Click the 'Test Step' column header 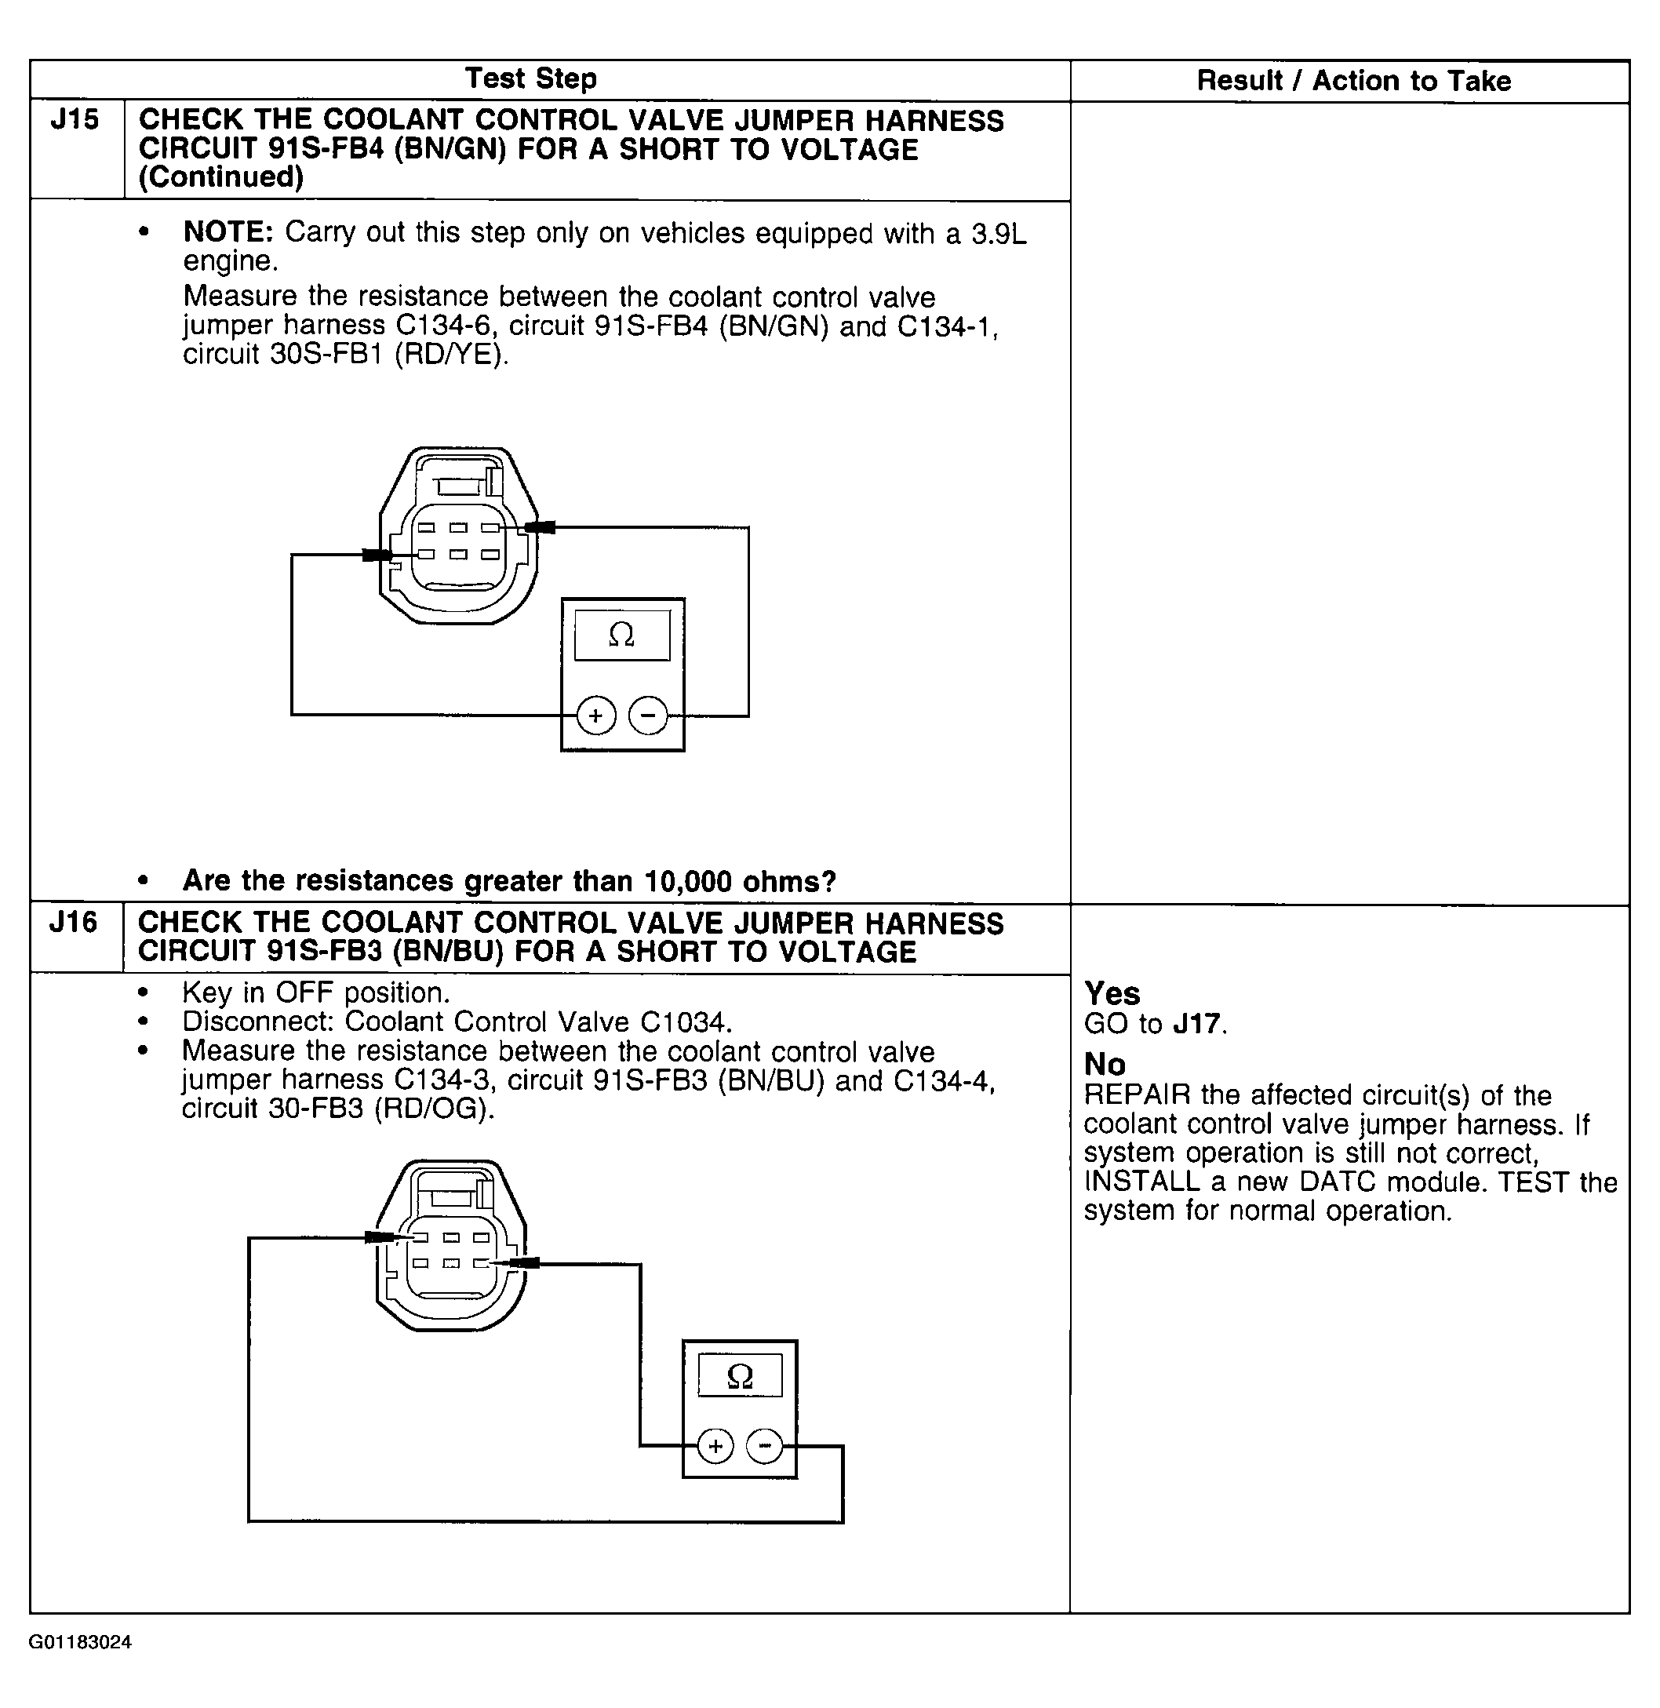point(531,79)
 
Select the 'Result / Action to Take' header point(1353,81)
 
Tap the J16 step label point(73,922)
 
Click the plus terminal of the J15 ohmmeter point(596,716)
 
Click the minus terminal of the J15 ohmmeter point(648,716)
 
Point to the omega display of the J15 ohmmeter point(621,635)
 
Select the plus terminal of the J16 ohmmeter point(715,1448)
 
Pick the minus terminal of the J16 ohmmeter point(765,1448)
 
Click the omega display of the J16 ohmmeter point(739,1377)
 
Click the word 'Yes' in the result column point(1112,994)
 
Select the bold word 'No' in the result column point(1105,1065)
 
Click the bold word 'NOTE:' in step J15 point(228,233)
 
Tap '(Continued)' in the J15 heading point(221,177)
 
